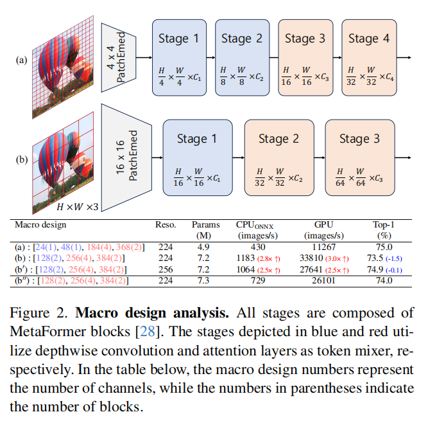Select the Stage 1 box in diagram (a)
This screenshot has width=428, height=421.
click(178, 57)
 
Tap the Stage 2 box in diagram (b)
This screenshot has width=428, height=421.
click(278, 157)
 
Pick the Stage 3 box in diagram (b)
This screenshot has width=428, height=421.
click(359, 157)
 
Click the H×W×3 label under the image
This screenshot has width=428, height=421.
click(76, 207)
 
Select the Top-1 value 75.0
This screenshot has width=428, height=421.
click(383, 246)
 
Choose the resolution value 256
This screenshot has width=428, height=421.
click(166, 269)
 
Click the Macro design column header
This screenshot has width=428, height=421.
click(42, 225)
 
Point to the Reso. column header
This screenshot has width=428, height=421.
click(166, 225)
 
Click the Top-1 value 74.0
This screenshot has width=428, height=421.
click(383, 282)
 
